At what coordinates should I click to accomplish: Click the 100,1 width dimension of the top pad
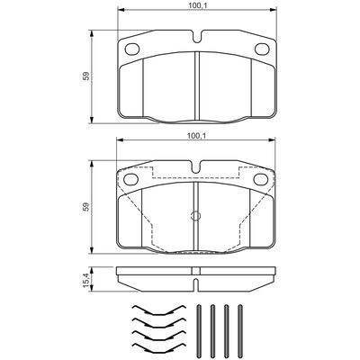197,4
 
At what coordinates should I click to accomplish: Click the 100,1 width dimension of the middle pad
195,136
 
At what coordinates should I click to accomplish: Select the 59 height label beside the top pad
86,76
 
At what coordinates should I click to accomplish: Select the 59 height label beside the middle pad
86,207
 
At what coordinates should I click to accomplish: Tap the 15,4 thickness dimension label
85,279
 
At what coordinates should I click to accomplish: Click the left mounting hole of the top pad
132,49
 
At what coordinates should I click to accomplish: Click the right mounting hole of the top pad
262,49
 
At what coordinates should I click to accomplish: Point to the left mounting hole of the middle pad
130,179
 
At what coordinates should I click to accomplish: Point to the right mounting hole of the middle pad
261,179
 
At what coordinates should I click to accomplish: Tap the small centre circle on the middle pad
196,215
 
